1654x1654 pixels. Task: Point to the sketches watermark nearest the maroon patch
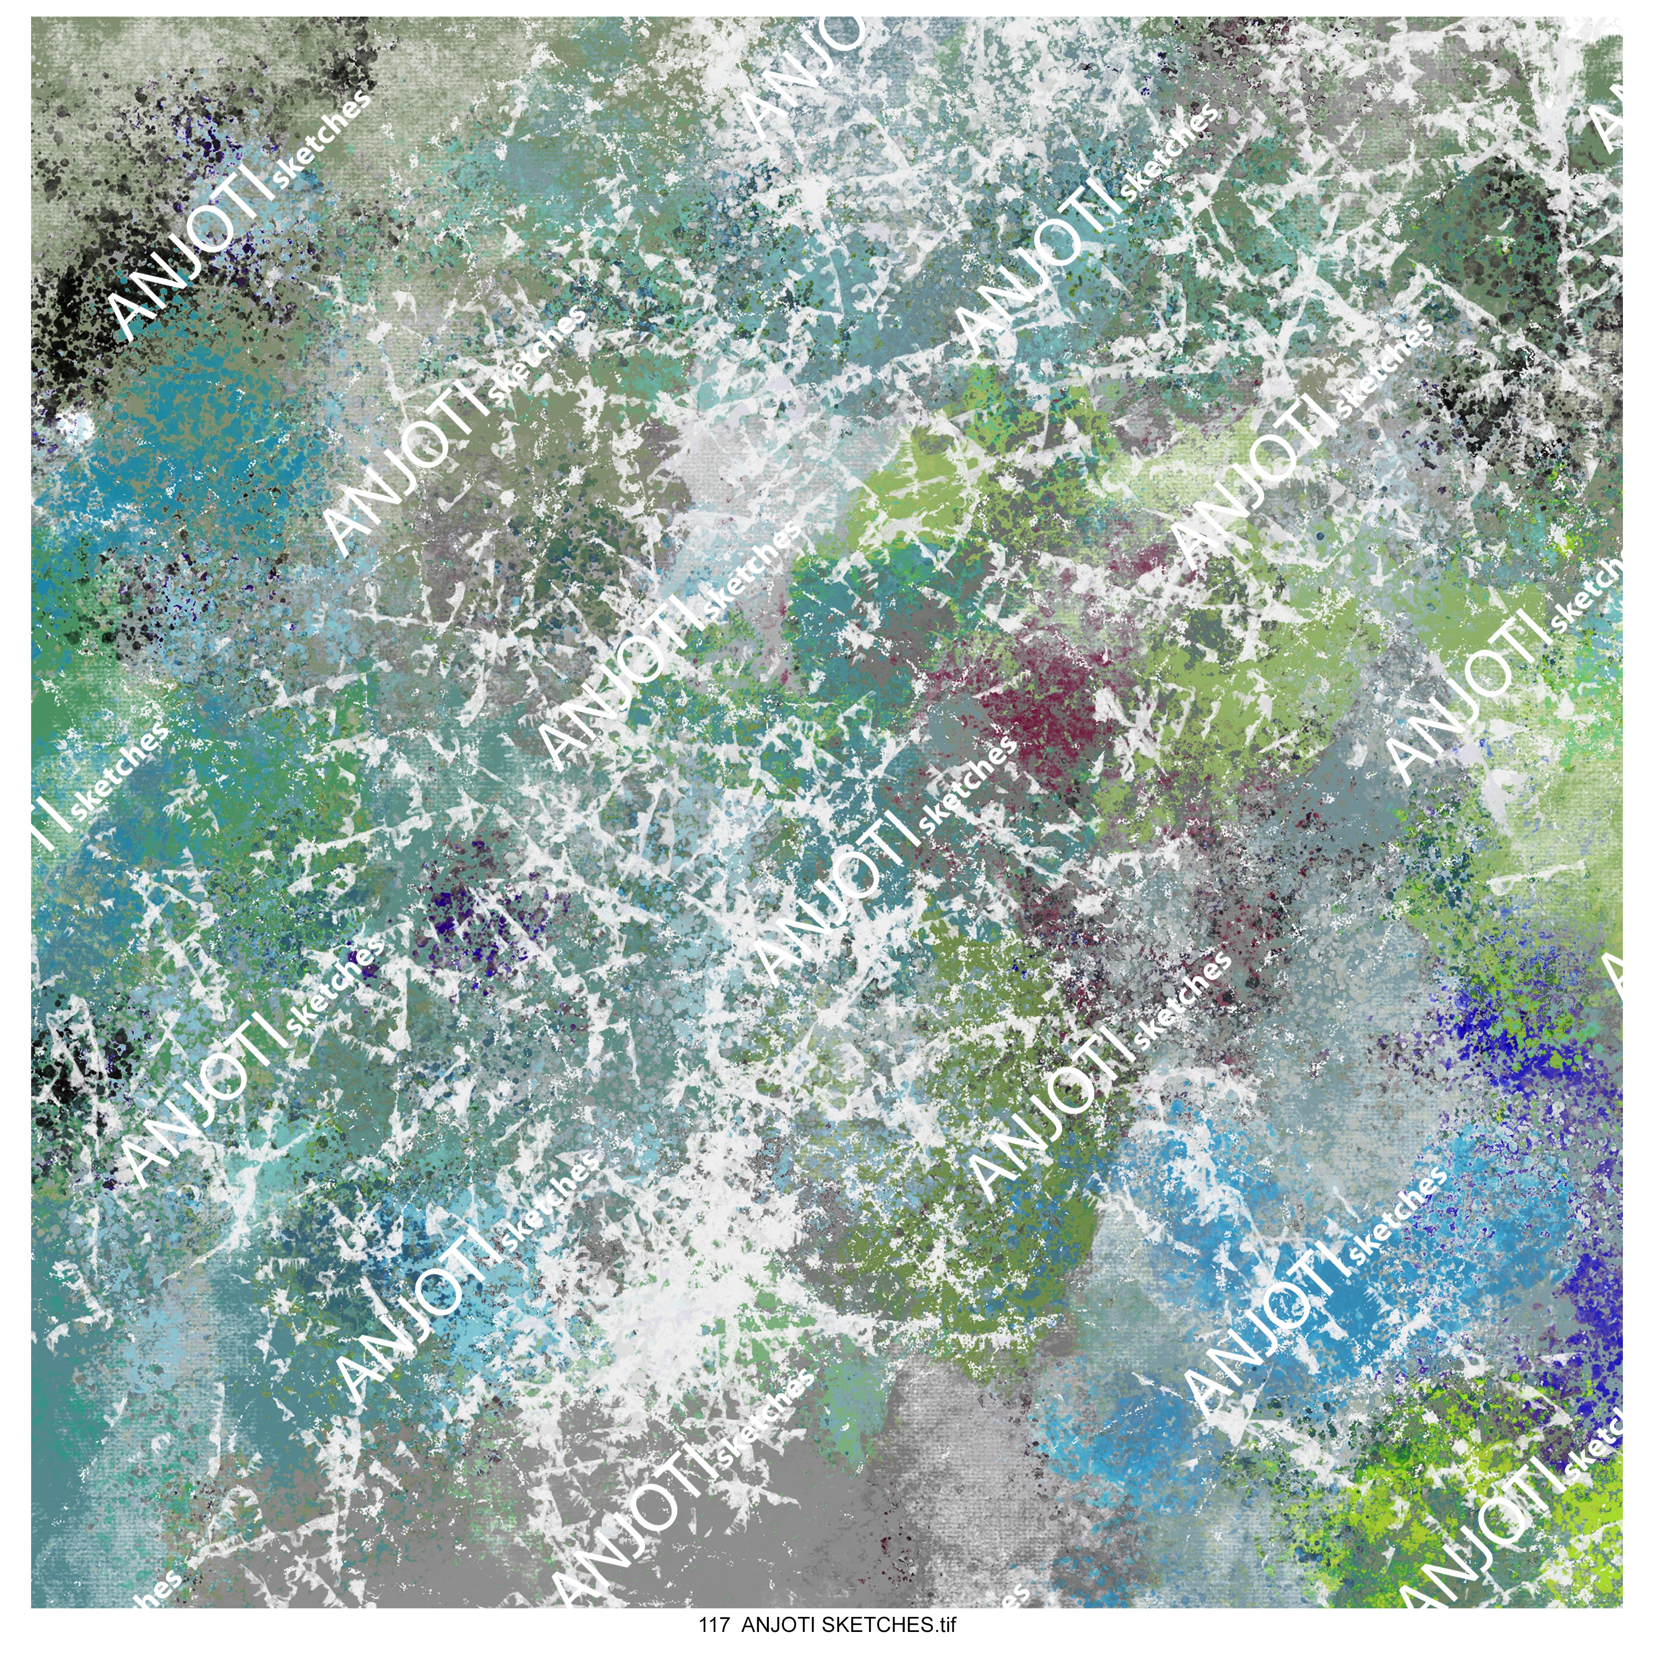pos(967,783)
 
